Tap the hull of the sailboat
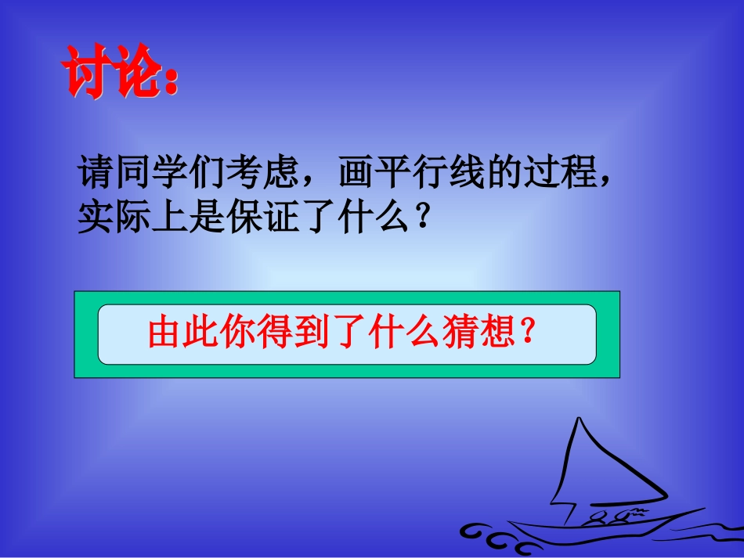tap(595, 531)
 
